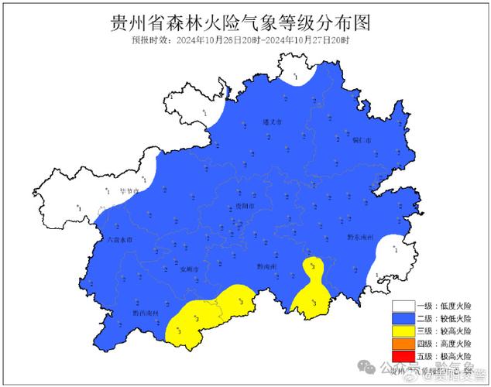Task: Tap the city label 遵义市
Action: (x=273, y=122)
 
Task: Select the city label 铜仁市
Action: (x=362, y=140)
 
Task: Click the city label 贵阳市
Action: (x=244, y=205)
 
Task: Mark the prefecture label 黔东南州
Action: (x=360, y=236)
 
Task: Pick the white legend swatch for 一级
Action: (x=403, y=307)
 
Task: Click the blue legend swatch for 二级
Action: (x=403, y=319)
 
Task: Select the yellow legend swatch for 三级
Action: (x=403, y=331)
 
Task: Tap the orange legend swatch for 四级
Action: (x=403, y=344)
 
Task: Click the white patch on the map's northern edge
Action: (x=297, y=75)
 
